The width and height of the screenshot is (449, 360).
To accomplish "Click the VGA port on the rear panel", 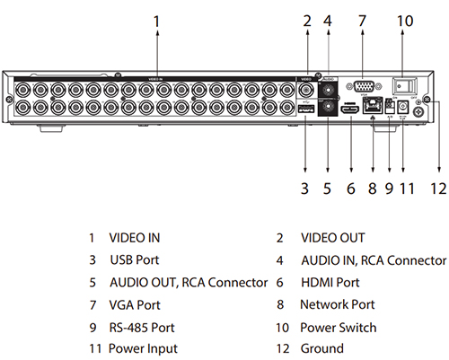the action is point(364,87).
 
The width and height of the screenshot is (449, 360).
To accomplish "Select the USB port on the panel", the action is point(305,109).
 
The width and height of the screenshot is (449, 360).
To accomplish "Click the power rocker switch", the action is point(404,85).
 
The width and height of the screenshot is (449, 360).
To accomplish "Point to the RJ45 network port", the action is point(373,105).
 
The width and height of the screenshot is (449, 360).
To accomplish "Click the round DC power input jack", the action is point(403,107).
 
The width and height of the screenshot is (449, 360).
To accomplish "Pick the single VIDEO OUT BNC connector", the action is point(306,89).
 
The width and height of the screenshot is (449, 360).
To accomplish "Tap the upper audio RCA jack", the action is point(328,89).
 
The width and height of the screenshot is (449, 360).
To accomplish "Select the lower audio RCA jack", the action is point(328,107).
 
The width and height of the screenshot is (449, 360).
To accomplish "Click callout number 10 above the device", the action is point(405,21).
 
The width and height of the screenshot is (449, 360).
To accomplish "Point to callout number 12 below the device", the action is point(438,189).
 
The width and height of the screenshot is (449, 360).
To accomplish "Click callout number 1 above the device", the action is point(157,22).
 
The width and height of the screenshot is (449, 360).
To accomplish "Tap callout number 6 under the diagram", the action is point(351,189).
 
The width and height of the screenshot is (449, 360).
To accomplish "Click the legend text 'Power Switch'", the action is point(339,328).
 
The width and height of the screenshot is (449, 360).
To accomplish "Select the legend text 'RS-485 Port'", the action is point(142,328).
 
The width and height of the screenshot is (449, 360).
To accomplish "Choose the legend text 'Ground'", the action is point(322,348).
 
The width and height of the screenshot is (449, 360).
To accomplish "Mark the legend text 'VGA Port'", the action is point(135,305).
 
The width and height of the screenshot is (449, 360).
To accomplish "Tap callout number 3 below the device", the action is point(304,189).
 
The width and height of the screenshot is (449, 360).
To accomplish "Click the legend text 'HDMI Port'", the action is point(330,283).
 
